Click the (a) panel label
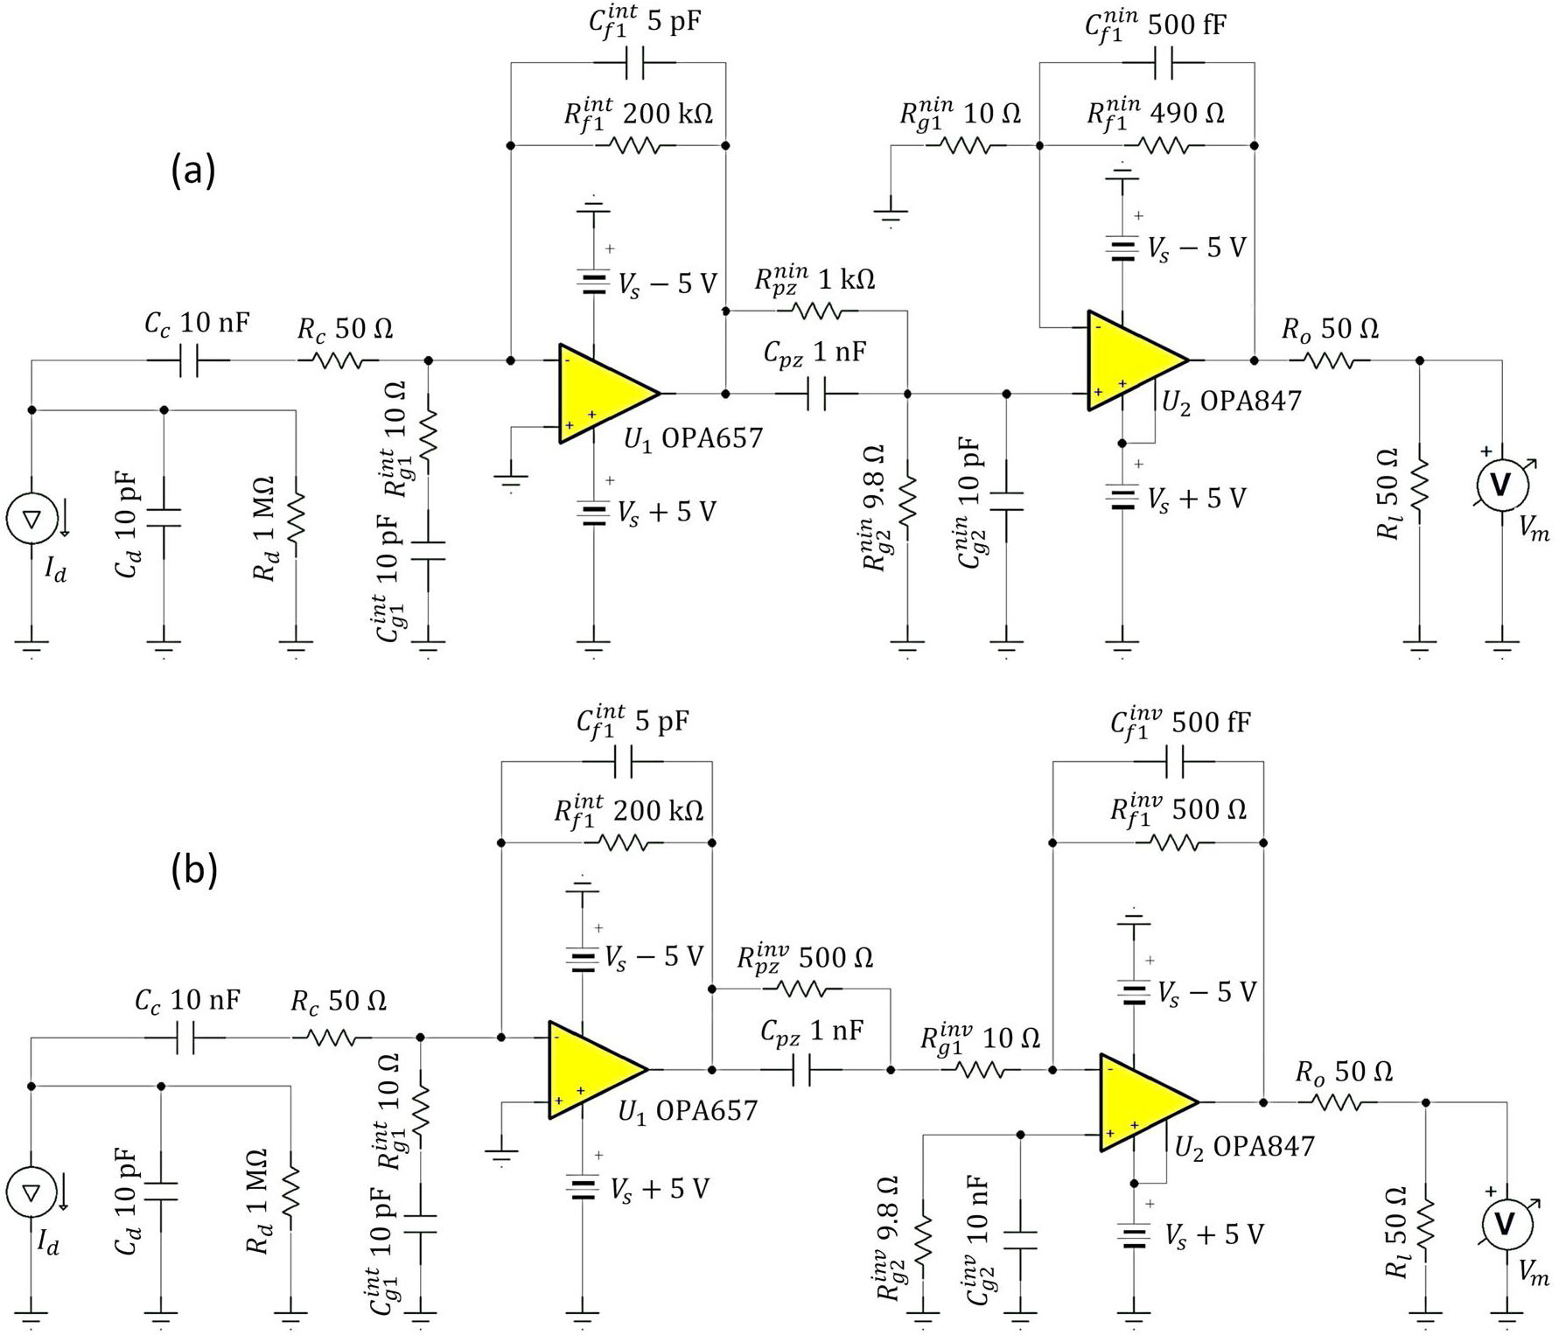pos(192,170)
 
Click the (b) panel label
pos(193,870)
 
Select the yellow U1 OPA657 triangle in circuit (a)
pos(604,393)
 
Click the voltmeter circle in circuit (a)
pos(1501,484)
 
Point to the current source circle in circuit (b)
pos(31,1192)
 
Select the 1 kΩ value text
pos(846,280)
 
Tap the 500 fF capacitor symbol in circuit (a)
pos(1163,63)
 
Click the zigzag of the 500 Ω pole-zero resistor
pos(801,989)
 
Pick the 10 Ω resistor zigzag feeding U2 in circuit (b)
pos(986,1069)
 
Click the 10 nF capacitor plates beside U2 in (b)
pos(1020,1240)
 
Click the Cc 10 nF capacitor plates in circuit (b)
pos(184,1038)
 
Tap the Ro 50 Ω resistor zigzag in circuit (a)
pos(1329,360)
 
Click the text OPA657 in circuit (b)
pos(706,1111)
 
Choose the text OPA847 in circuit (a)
pos(1250,401)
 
